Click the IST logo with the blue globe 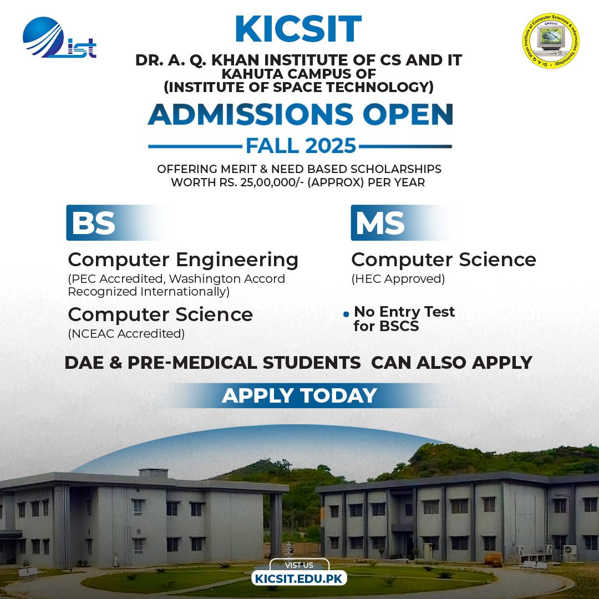tap(59, 38)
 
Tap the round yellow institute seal tap(551, 41)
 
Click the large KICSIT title tap(298, 29)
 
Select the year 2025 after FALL tap(331, 146)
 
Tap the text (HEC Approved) tap(398, 279)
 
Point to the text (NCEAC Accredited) tap(126, 333)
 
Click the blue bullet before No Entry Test tap(346, 314)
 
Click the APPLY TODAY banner tap(299, 395)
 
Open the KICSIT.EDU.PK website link tap(299, 578)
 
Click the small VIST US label tap(299, 565)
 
